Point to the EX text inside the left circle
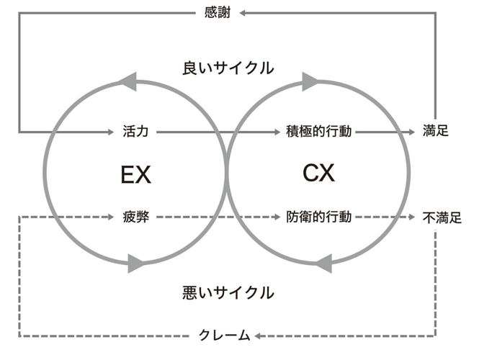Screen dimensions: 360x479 136,174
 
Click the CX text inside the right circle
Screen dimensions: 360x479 319,174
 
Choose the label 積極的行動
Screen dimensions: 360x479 318,132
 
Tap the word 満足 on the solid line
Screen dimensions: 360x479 436,132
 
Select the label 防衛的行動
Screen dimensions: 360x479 318,216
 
